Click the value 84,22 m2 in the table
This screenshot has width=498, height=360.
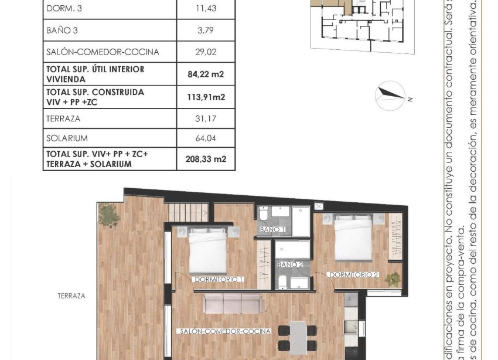point(206,74)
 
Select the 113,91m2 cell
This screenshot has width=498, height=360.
point(206,97)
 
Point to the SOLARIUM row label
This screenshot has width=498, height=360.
point(67,138)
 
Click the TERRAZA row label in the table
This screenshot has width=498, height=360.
point(63,118)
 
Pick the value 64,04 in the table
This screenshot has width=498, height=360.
point(206,138)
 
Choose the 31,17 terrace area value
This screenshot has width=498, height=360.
point(206,118)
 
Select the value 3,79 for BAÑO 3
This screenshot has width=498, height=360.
point(206,29)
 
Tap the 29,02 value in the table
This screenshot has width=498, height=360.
point(206,52)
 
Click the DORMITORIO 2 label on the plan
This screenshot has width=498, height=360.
point(353,274)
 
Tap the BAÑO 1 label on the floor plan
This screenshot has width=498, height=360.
point(273,229)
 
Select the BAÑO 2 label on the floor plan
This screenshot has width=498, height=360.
point(290,264)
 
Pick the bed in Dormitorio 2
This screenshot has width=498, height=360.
point(353,237)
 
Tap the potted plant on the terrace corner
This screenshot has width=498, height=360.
point(109,215)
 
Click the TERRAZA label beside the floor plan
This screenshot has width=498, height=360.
point(71,296)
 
